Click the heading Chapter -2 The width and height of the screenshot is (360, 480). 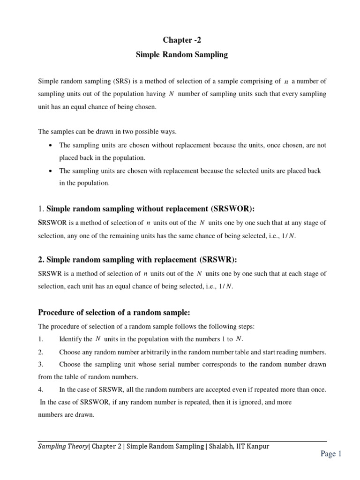(x=181, y=40)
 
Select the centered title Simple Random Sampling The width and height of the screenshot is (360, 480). (x=181, y=55)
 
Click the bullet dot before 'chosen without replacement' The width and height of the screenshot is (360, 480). (x=50, y=145)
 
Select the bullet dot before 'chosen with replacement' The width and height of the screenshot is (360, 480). (x=50, y=171)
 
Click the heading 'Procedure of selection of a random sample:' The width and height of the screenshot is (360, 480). (x=114, y=313)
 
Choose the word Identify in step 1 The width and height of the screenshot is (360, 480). (x=69, y=339)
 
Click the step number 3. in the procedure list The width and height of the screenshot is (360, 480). (x=41, y=364)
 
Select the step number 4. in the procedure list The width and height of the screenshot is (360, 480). (x=41, y=390)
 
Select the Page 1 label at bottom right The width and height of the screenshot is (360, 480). (x=331, y=453)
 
